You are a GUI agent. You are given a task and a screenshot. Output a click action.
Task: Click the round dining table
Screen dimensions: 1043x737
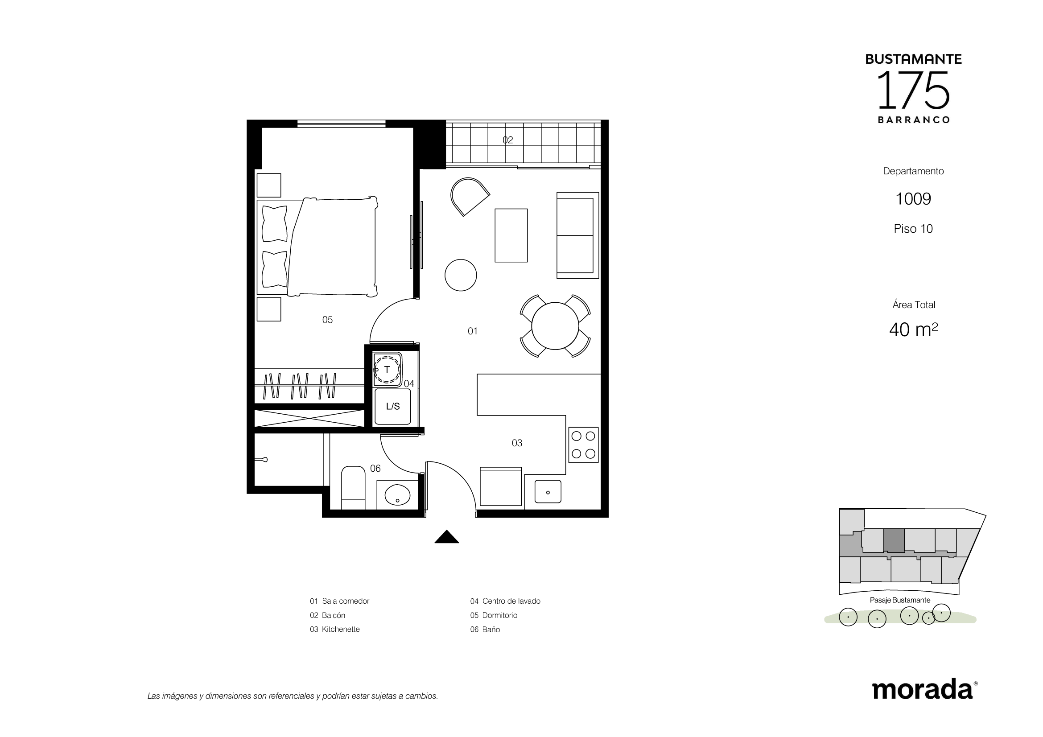pyautogui.click(x=555, y=325)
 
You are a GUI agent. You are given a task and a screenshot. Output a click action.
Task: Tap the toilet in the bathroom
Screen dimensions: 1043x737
pyautogui.click(x=353, y=488)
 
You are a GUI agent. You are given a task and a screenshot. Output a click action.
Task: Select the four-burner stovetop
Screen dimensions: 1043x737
pyautogui.click(x=583, y=445)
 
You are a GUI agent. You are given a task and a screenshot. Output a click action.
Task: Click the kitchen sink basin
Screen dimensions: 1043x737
pyautogui.click(x=548, y=492)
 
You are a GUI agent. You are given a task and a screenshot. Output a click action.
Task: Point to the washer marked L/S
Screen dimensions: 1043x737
pyautogui.click(x=392, y=407)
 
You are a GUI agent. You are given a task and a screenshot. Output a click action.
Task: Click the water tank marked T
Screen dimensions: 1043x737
pyautogui.click(x=387, y=369)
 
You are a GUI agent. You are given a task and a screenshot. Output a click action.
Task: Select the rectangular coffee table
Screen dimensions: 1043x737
pyautogui.click(x=511, y=235)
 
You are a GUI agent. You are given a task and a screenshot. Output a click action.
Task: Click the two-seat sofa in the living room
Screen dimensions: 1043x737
pyautogui.click(x=577, y=235)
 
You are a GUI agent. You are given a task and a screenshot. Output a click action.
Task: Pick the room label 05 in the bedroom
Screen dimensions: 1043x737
pyautogui.click(x=328, y=320)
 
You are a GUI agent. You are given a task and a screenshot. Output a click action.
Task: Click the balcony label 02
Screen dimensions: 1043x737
pyautogui.click(x=508, y=140)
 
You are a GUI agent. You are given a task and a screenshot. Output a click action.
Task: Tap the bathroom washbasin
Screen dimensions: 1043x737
pyautogui.click(x=397, y=494)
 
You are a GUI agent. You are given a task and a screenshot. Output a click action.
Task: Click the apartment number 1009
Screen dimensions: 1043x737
pyautogui.click(x=913, y=199)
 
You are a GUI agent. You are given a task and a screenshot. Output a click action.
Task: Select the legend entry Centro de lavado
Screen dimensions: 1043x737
pyautogui.click(x=511, y=601)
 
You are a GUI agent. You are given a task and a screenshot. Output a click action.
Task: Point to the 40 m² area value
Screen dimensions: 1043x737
pyautogui.click(x=914, y=329)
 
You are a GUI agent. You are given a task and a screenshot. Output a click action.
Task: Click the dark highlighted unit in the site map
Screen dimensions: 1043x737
pyautogui.click(x=894, y=540)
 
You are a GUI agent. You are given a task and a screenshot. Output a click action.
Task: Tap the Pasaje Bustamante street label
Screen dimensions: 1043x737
pyautogui.click(x=900, y=600)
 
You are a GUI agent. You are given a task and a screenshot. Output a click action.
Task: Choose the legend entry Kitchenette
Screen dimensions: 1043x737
pyautogui.click(x=341, y=630)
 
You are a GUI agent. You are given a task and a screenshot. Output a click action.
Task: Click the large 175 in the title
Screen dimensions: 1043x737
pyautogui.click(x=913, y=91)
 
